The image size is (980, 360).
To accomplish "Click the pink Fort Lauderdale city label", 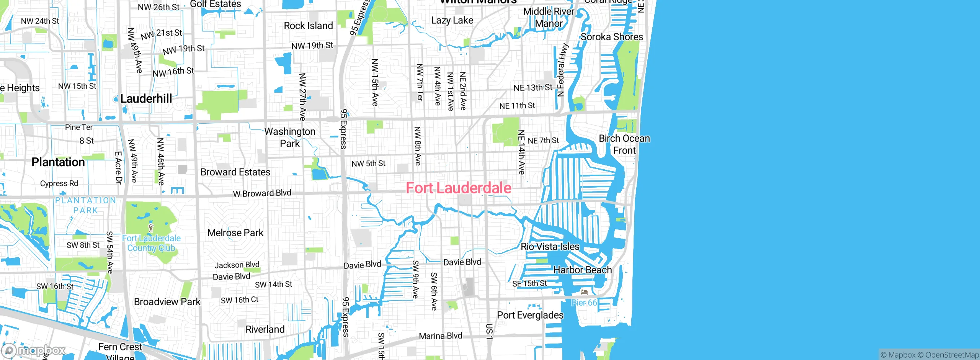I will pos(458,188).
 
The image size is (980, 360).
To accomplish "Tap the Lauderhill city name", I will pos(146,99).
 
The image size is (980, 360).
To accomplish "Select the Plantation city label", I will pos(58,162).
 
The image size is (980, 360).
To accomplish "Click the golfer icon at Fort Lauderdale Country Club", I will pos(151,228).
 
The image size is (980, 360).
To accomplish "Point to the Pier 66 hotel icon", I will pos(584,292).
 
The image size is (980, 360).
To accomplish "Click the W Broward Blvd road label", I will pos(262,193).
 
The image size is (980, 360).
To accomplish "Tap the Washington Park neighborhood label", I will pos(290,137).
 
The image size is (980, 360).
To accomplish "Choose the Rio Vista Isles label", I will pos(550,247).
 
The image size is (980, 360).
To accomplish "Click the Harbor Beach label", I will pos(582,270).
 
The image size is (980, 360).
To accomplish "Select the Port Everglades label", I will pos(530,315).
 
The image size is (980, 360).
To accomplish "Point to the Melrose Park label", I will pos(235,233).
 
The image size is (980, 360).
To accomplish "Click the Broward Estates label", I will pos(235,172).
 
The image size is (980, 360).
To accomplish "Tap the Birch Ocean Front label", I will pos(624,144).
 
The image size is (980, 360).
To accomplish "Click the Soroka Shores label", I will pos(612,37).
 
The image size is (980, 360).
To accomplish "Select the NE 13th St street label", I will pos(533,88).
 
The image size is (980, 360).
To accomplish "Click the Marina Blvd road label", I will pos(440,336).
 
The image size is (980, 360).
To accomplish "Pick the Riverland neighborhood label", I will pos(265,329).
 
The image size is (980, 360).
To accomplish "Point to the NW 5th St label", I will pos(368,164).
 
